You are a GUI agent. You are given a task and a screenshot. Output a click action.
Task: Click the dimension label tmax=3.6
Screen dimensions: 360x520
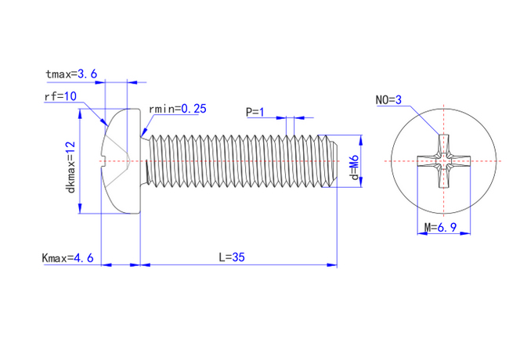point(71,74)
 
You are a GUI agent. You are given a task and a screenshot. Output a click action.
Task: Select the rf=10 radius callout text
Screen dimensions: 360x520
point(60,97)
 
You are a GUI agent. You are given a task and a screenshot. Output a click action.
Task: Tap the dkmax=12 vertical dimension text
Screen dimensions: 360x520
point(70,167)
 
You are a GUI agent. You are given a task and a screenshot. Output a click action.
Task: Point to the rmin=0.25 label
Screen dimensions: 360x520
point(177,109)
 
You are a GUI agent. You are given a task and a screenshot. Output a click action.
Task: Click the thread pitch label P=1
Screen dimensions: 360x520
point(255,112)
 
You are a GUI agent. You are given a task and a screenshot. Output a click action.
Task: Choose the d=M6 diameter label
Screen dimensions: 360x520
point(355,168)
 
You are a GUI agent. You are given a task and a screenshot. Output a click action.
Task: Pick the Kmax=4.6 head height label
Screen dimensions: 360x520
point(68,257)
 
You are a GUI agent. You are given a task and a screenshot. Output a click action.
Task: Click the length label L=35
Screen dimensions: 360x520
point(232,257)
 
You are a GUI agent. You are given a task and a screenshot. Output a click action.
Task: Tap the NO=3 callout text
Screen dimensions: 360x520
point(388,100)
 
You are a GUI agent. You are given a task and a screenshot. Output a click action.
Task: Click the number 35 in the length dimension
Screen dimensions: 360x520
point(239,257)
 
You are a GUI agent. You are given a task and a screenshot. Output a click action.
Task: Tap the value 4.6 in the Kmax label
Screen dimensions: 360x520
point(83,257)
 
